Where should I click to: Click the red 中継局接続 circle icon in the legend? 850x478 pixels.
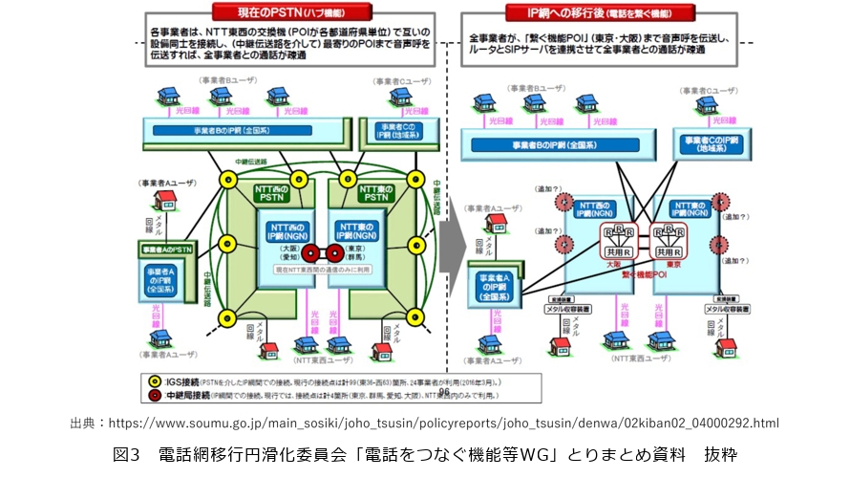point(155,393)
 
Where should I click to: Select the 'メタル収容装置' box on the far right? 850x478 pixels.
point(731,309)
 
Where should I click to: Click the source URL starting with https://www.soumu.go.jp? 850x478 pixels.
point(444,423)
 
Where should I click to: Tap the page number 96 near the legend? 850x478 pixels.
point(442,391)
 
